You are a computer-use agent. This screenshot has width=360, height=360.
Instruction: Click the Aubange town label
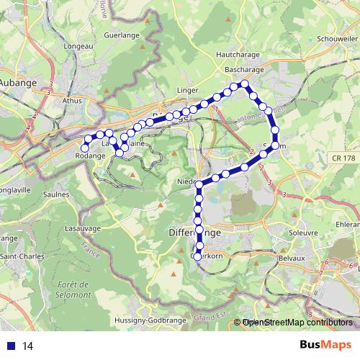click(22, 82)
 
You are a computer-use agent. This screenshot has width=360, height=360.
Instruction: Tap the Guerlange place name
click(121, 34)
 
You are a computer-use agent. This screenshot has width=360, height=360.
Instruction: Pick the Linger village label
click(186, 90)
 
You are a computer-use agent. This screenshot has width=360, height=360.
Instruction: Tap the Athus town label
click(73, 102)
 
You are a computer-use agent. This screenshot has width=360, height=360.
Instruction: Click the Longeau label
click(78, 46)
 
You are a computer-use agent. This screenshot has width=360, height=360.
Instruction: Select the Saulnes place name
click(55, 194)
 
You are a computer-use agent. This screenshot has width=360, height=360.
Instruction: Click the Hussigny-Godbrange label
click(150, 320)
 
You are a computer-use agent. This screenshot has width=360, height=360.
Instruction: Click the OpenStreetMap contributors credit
click(298, 323)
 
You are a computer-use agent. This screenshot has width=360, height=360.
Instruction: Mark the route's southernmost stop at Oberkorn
click(199, 256)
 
